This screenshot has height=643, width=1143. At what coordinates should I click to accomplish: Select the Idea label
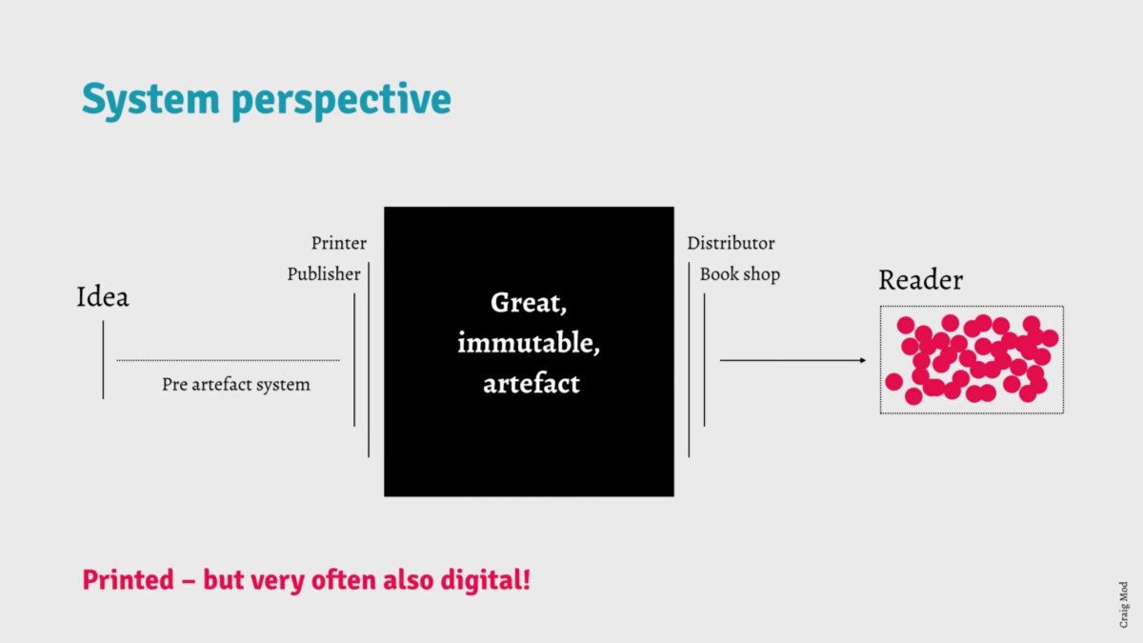coord(102,298)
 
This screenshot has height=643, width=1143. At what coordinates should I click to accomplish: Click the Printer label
coord(338,244)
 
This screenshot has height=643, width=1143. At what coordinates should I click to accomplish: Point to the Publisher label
coord(324,274)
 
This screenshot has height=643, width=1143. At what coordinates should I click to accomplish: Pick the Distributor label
coord(731,244)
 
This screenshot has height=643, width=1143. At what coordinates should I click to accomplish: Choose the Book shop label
coord(739,274)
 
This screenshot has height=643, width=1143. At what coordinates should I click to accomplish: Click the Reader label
coord(920,281)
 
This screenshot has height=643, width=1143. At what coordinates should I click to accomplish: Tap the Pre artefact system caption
coord(235,385)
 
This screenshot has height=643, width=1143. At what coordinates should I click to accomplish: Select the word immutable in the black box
coord(529,343)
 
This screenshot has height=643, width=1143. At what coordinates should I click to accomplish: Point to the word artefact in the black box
coord(531,384)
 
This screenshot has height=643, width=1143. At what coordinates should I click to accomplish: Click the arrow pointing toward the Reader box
coord(792,360)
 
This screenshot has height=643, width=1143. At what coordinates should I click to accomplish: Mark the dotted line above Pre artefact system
coord(228,360)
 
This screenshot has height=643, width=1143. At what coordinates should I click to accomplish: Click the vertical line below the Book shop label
coord(705,359)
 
